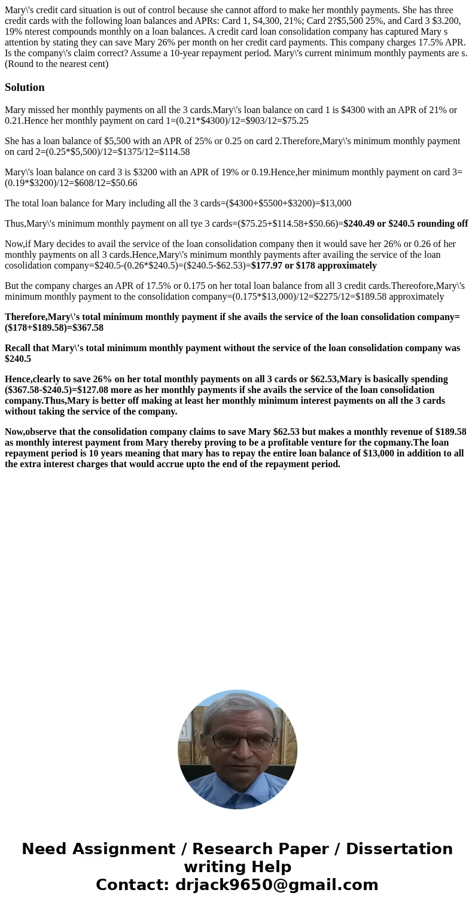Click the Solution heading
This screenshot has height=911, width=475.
click(x=25, y=87)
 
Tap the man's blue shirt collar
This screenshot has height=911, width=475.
click(x=238, y=790)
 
